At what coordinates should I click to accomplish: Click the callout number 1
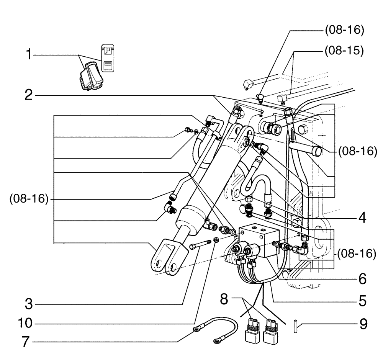pyautogui.click(x=28, y=56)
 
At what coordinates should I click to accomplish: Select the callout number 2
pyautogui.click(x=28, y=95)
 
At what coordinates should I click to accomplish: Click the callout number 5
pyautogui.click(x=361, y=300)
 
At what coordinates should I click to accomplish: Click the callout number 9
pyautogui.click(x=362, y=324)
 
